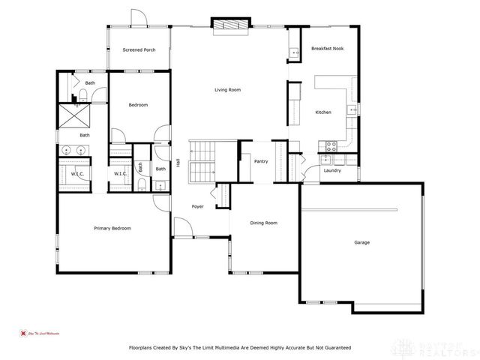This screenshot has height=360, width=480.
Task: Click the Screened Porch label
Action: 139,50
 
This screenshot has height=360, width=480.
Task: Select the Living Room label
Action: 227,90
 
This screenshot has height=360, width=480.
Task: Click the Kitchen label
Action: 322,112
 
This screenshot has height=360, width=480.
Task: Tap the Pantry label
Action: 261,161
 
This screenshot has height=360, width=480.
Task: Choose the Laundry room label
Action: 332,170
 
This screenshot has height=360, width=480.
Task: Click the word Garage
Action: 361,242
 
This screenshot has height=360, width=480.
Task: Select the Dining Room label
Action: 263,223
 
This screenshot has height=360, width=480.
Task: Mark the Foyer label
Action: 197,206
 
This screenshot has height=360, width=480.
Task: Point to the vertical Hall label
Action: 178,162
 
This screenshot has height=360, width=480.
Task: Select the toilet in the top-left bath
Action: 83,94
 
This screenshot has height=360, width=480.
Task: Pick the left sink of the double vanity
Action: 67,150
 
